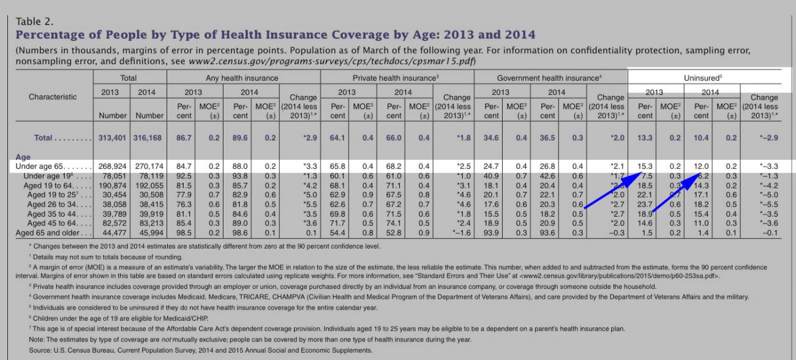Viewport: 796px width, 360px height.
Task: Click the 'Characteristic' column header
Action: (x=53, y=97)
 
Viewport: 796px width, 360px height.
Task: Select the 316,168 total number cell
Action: (x=147, y=138)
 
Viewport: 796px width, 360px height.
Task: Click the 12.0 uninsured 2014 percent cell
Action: (x=701, y=166)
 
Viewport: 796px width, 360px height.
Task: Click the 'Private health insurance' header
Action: (x=396, y=78)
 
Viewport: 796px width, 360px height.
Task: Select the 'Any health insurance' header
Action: (x=242, y=78)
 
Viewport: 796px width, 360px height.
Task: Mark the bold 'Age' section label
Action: (x=23, y=157)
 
